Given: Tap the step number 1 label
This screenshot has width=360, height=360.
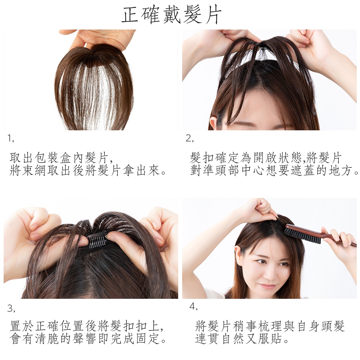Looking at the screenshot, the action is point(10,138).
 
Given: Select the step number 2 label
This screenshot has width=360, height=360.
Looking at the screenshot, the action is point(190,138).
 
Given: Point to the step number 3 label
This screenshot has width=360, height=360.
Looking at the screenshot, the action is point(11,308).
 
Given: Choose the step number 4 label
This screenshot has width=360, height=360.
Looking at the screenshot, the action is point(193,306).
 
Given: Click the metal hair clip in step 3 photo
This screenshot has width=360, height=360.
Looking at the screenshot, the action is point(98,240).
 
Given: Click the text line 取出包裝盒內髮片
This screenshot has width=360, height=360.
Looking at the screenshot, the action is point(61,158).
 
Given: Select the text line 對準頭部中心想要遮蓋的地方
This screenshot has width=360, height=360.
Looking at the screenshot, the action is point(274,170).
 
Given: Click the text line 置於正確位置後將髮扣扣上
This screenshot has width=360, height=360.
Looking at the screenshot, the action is point(87,326).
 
